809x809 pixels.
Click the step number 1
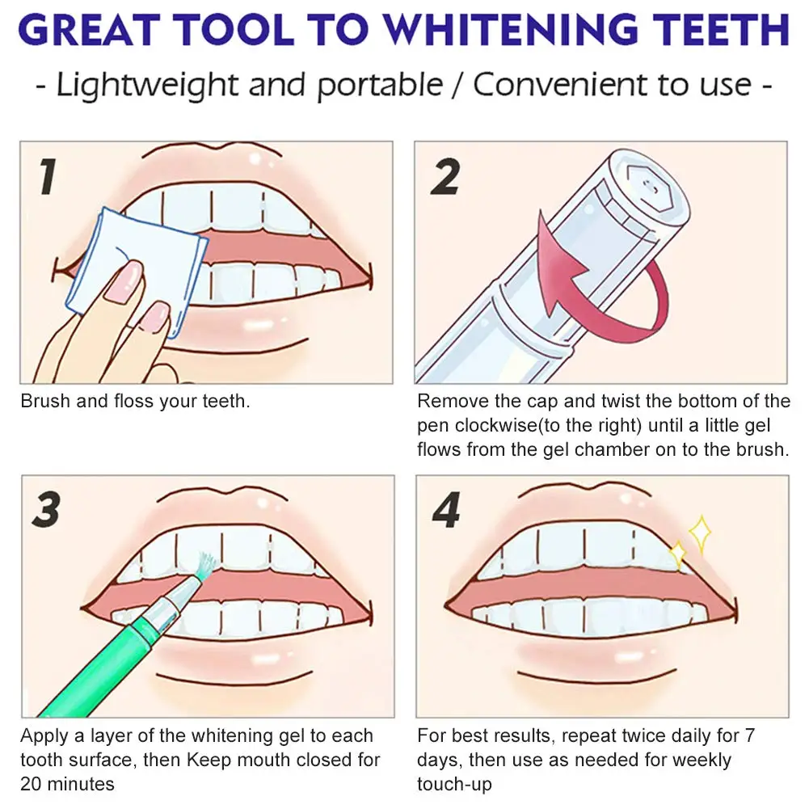click(x=48, y=176)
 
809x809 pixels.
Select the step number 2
click(x=445, y=176)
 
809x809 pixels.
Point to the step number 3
click(x=46, y=510)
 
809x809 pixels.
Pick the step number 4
click(x=446, y=510)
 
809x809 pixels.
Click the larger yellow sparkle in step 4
click(x=700, y=534)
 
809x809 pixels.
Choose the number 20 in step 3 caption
click(x=31, y=784)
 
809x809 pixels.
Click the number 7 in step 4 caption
click(x=749, y=735)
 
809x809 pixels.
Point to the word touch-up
click(x=454, y=784)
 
